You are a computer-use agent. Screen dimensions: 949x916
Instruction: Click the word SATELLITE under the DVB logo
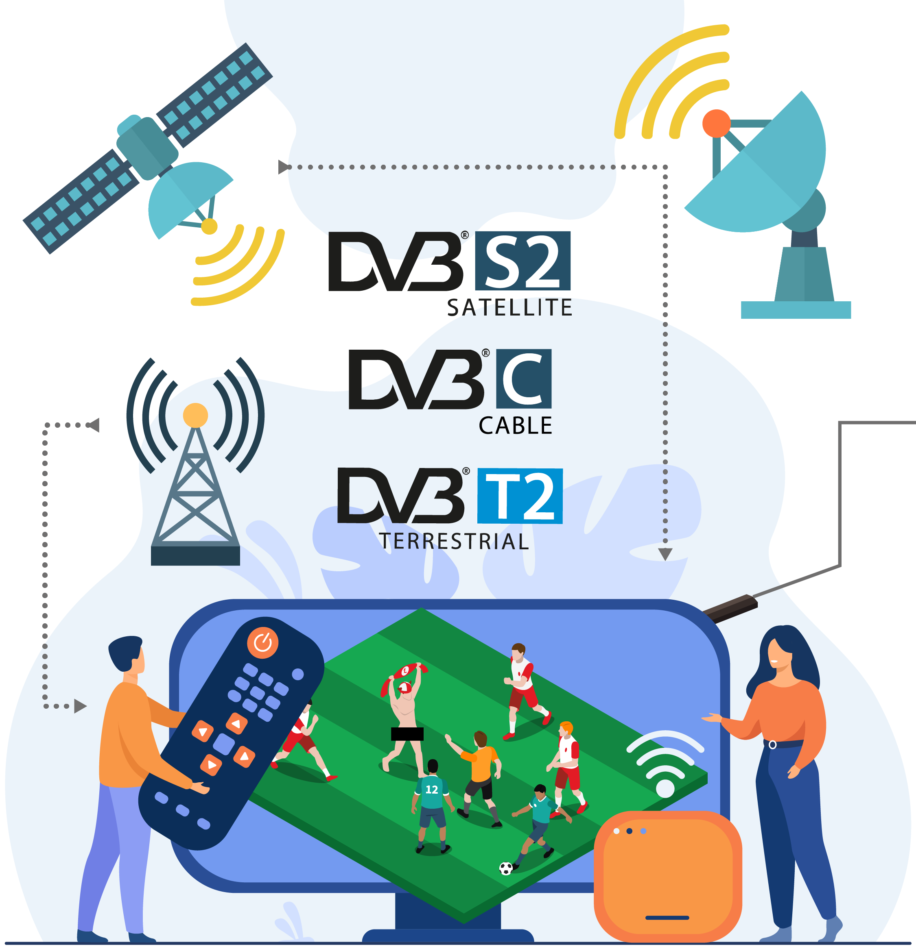[x=509, y=308]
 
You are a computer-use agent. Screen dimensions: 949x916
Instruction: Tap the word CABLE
[x=515, y=426]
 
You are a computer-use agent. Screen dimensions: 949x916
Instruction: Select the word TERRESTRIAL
[x=454, y=541]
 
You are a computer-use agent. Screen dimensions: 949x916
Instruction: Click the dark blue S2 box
[x=522, y=261]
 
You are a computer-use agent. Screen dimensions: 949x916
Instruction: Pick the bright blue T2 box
[x=520, y=496]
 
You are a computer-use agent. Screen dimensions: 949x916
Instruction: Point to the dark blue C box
[x=523, y=379]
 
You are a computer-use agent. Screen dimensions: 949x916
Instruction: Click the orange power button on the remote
[x=263, y=642]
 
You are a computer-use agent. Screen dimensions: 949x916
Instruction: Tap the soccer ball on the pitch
[x=505, y=868]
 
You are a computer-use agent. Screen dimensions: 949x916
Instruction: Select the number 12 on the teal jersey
[x=431, y=790]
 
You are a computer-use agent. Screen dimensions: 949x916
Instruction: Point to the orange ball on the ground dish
[x=716, y=124]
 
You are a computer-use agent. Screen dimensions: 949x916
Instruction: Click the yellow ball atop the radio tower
[x=195, y=416]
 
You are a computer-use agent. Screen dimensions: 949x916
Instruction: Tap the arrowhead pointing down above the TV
[x=665, y=554]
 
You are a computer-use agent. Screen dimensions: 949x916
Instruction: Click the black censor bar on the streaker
[x=407, y=734]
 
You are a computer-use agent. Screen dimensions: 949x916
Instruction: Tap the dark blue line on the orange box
[x=667, y=918]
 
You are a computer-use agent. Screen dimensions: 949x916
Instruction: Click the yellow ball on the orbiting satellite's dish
[x=210, y=226]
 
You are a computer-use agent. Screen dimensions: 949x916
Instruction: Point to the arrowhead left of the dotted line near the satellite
[x=284, y=167]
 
